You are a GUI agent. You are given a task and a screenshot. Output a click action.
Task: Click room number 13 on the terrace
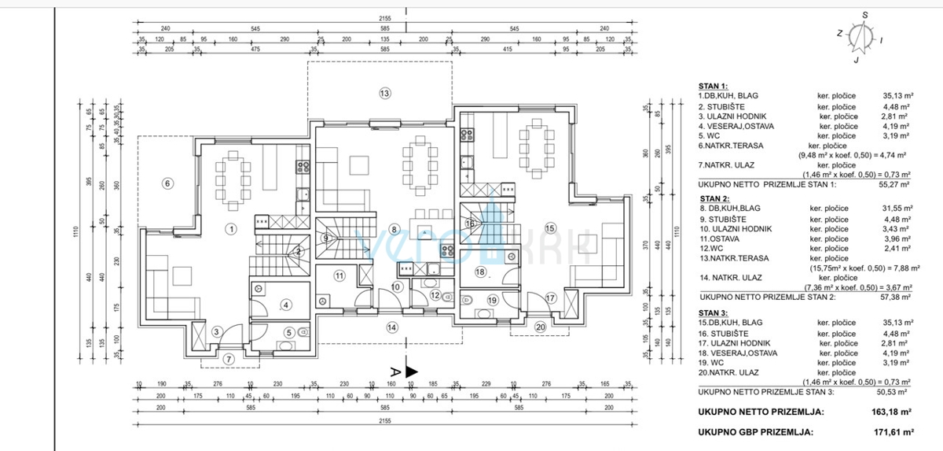click(x=384, y=94)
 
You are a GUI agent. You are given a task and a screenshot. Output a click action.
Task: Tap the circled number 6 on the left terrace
click(x=167, y=183)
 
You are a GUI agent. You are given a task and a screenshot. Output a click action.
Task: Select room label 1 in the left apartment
click(x=231, y=229)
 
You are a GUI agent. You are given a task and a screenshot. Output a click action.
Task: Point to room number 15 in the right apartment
click(x=550, y=228)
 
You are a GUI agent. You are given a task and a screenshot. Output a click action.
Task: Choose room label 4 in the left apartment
click(x=287, y=305)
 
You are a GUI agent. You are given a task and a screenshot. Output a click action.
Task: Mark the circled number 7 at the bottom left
click(x=229, y=359)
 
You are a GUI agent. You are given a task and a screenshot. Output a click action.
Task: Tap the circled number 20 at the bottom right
click(x=540, y=327)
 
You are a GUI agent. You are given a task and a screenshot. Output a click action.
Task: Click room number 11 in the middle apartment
click(x=339, y=275)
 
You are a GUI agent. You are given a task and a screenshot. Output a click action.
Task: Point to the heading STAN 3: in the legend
click(x=713, y=314)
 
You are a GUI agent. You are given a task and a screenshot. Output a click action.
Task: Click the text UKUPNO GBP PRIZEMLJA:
click(x=755, y=431)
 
